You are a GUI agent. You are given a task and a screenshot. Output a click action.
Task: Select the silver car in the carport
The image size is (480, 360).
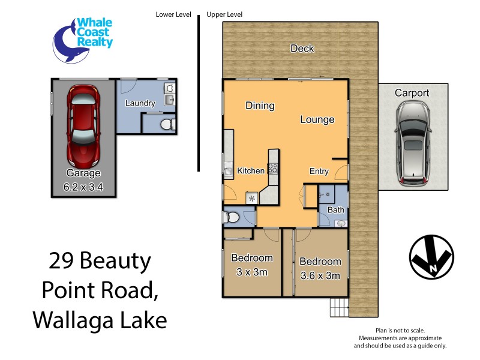[x=413, y=142]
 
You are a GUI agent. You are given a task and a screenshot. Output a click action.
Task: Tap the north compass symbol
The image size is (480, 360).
[x=431, y=257]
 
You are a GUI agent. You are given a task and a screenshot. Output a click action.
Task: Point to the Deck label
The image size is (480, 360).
[x=302, y=49]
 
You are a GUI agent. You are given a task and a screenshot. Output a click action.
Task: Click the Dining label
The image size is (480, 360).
[x=260, y=106]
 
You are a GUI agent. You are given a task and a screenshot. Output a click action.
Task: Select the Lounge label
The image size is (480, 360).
[x=317, y=119]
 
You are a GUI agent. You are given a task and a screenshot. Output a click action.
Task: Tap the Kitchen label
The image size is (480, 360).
[x=251, y=171]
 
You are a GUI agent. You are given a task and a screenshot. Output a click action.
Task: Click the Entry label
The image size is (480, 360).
[x=319, y=171]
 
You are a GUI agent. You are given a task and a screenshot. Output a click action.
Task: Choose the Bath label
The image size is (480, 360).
[x=335, y=210]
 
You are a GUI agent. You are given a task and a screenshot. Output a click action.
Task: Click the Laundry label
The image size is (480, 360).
[x=140, y=103]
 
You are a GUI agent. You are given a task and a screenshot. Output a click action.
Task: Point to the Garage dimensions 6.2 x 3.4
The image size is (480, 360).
[x=83, y=187]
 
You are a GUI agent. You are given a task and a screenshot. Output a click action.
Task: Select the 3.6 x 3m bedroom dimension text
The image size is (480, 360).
[x=320, y=276]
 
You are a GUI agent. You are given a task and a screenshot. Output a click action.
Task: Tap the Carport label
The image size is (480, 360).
[x=412, y=93]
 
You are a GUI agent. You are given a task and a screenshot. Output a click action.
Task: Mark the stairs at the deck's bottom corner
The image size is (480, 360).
[x=338, y=308]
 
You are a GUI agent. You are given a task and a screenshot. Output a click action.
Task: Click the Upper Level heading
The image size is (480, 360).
[x=224, y=14]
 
